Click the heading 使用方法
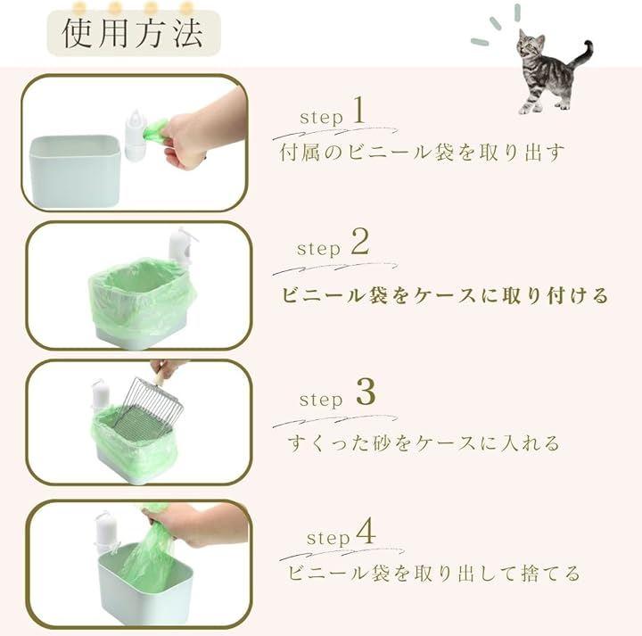click(133, 33)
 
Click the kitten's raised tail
click(582, 54)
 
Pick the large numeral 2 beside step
click(360, 242)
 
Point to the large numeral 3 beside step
click(366, 392)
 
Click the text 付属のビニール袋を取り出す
click(422, 153)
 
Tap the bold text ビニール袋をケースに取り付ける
click(444, 295)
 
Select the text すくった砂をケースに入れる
click(424, 442)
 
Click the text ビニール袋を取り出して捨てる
click(434, 573)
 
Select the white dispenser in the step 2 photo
click(179, 249)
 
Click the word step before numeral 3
click(321, 401)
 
